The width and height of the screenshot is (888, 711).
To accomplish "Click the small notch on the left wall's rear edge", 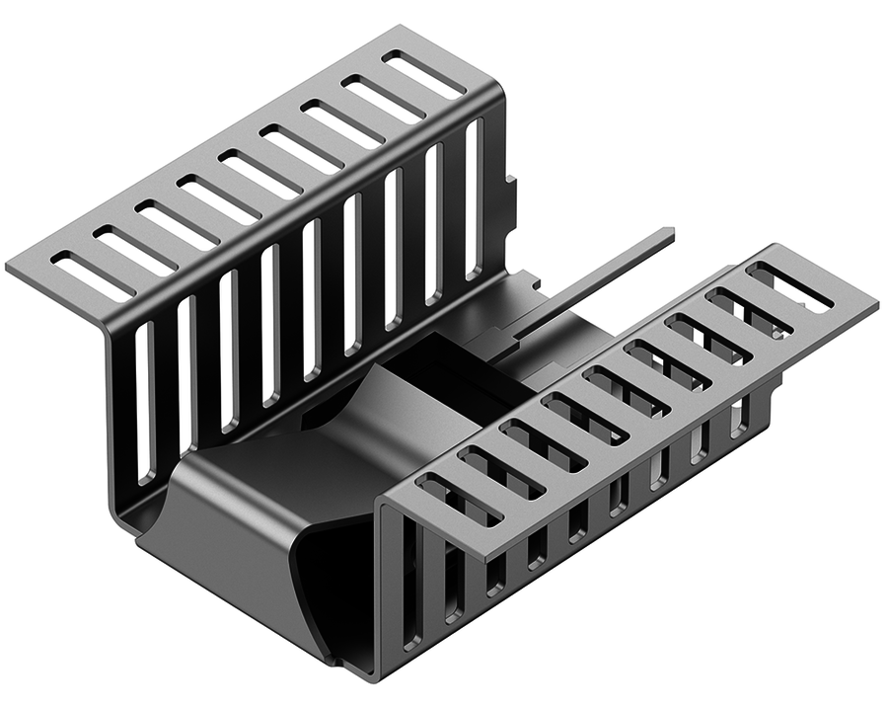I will tap(510, 189).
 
